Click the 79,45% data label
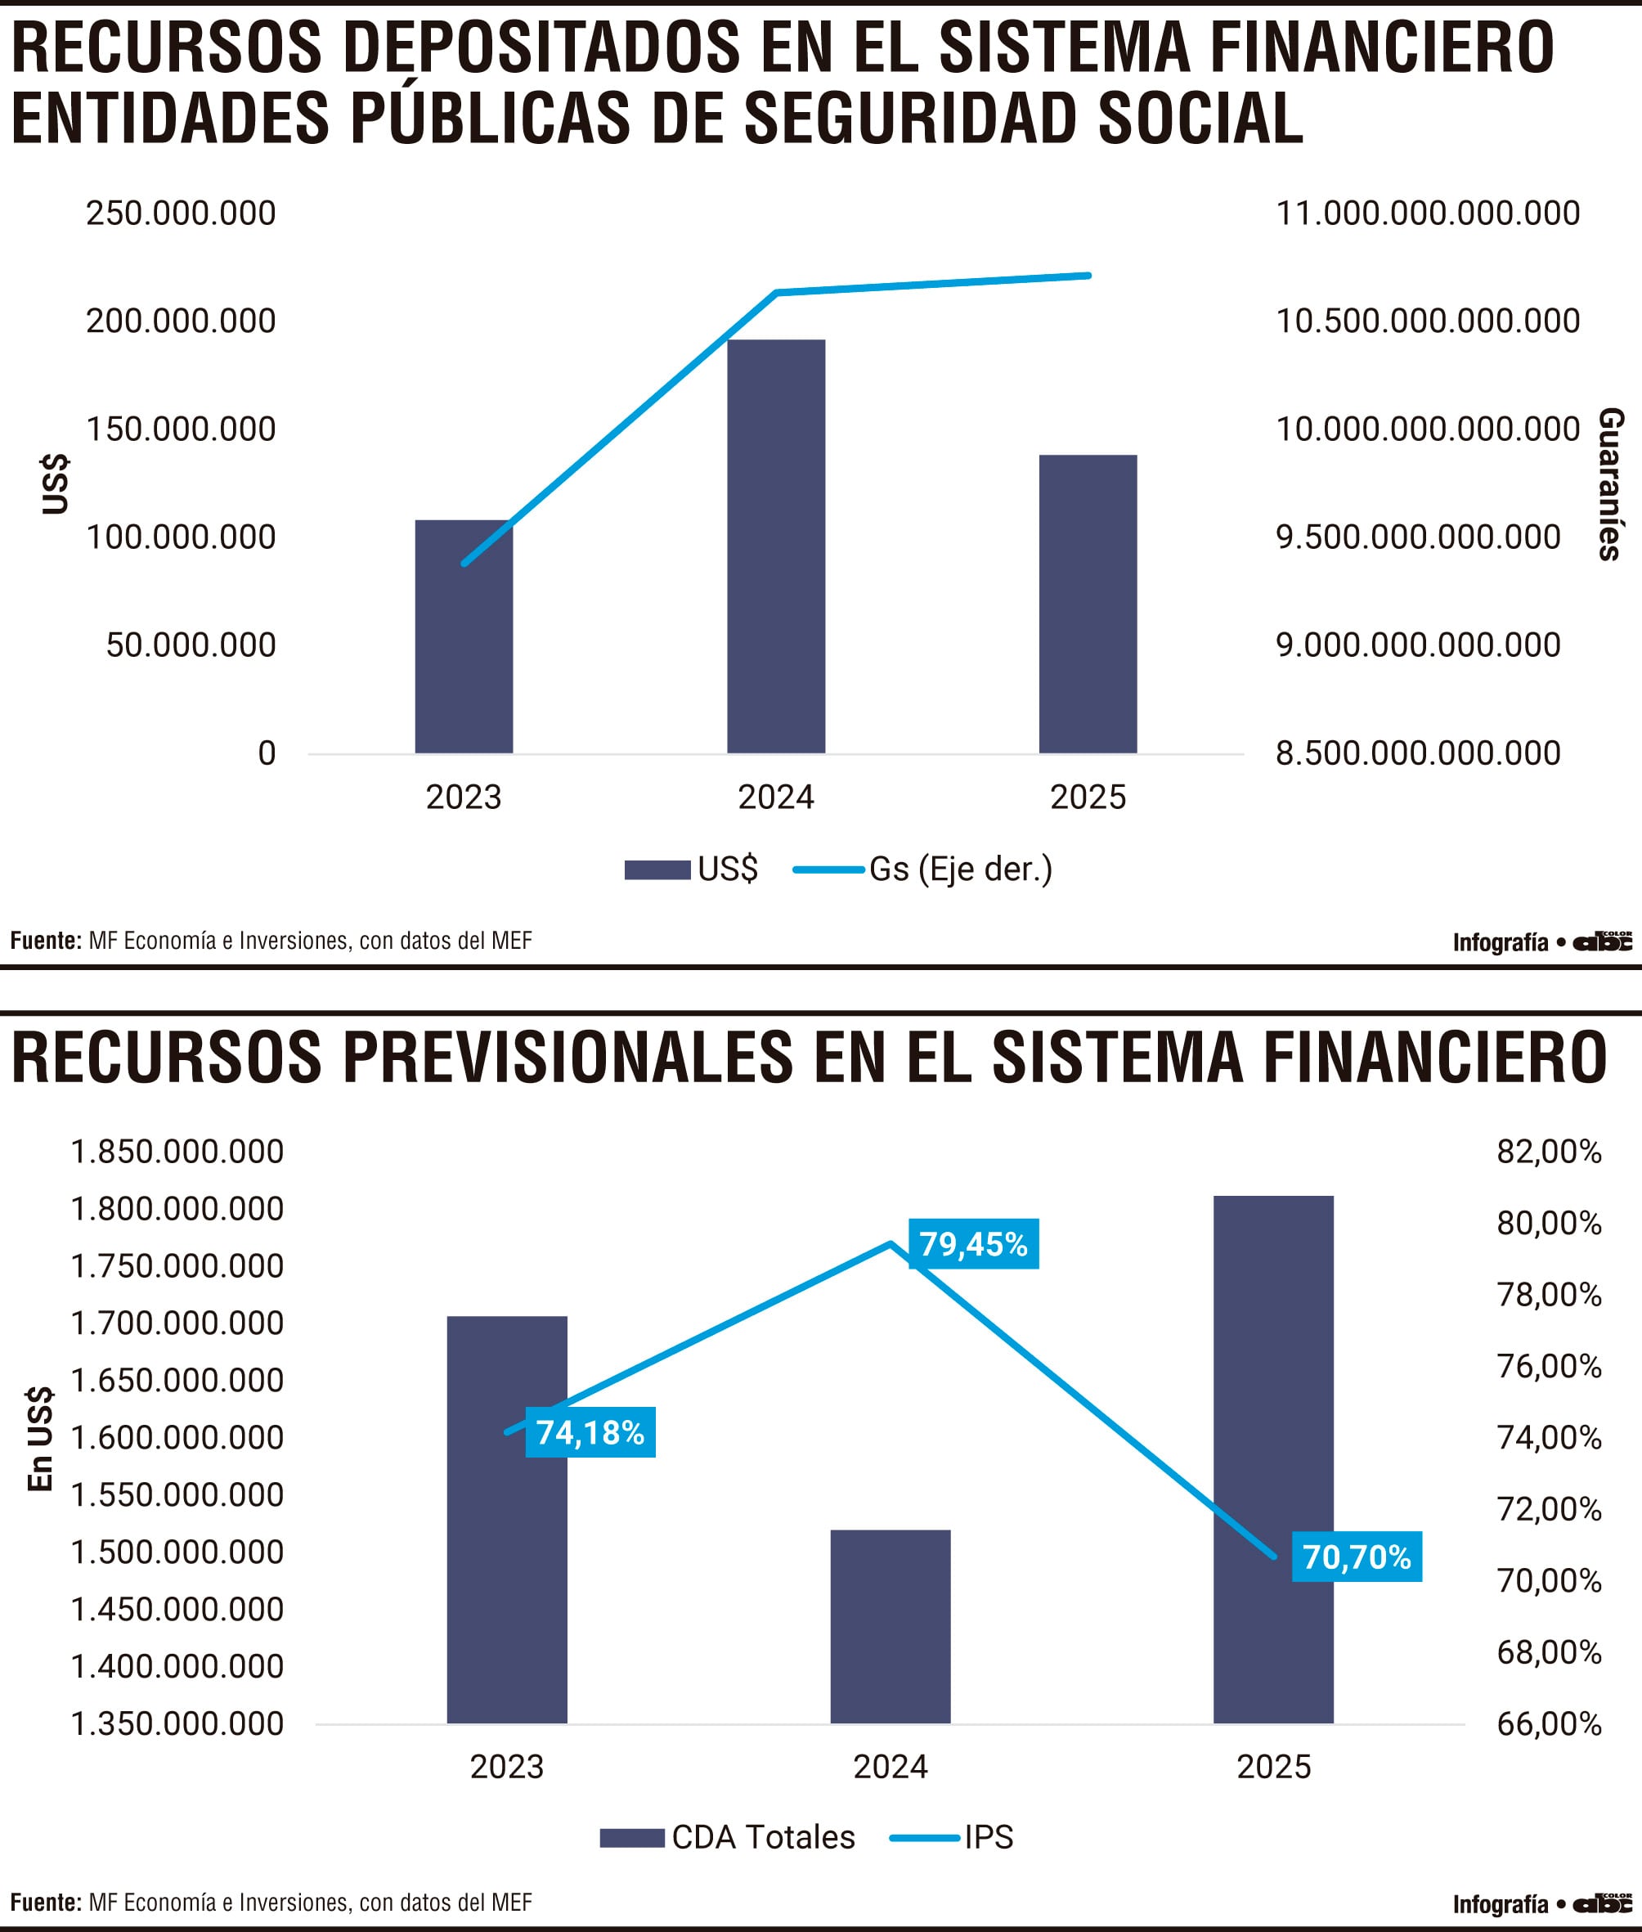pos(973,1244)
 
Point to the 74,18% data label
pos(590,1432)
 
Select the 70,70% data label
pos(1357,1557)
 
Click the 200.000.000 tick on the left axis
pos(181,321)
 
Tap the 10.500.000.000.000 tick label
pos(1427,321)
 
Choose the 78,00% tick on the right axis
pos(1548,1295)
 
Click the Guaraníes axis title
pos(1610,484)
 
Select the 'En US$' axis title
pos(40,1439)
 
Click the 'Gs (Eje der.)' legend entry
pos(960,869)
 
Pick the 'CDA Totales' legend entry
pos(762,1837)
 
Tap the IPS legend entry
pos(988,1837)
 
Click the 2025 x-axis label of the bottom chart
pos(1273,1766)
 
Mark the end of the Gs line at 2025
pos(1088,276)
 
